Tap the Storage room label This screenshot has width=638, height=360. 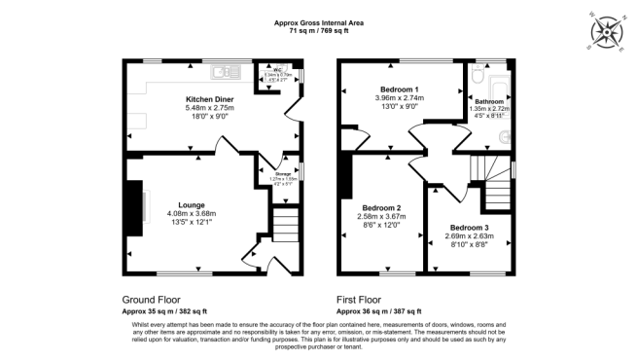281,173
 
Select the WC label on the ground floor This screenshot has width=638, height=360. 277,70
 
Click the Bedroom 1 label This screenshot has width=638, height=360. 399,90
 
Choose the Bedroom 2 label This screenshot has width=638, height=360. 382,207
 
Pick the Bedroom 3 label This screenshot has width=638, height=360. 469,228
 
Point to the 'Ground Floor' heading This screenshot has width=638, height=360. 151,300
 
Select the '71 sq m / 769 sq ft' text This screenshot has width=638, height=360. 318,31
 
